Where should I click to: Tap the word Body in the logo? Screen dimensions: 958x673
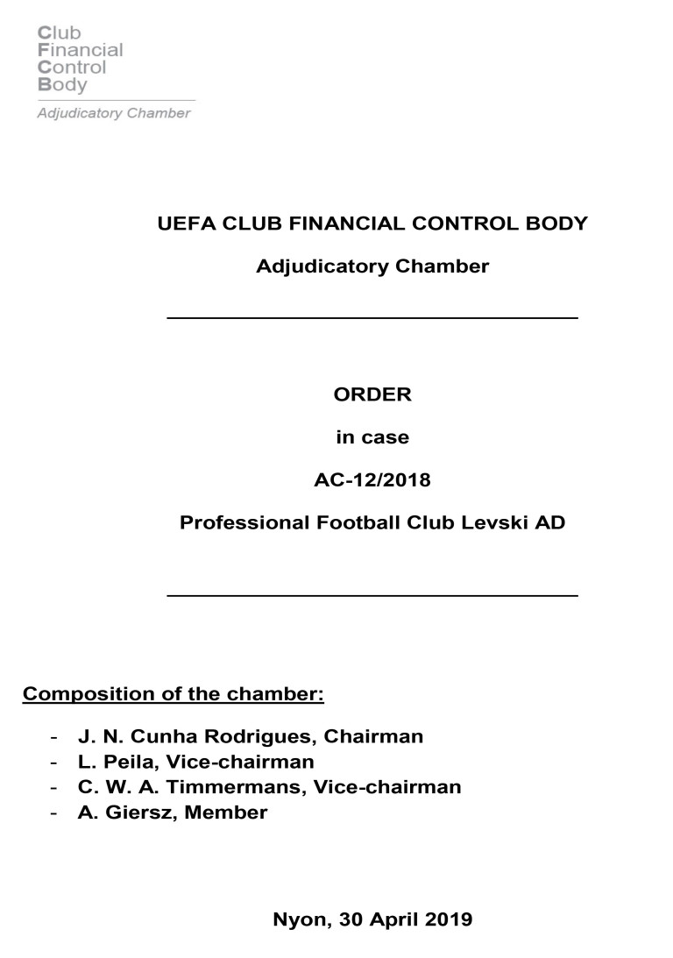tap(62, 85)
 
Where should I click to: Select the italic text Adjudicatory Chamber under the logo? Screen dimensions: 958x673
tap(113, 114)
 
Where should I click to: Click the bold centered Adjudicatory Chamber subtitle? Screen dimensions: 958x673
tap(372, 266)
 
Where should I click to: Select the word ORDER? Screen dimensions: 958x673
tap(372, 394)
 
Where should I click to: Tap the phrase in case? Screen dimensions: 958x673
tap(372, 437)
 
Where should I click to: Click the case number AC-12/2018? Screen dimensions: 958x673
tap(372, 480)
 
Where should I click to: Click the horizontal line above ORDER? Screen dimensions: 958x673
tap(372, 317)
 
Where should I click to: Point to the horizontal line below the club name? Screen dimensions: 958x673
tap(372, 595)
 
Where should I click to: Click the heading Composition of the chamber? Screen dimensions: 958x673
tap(174, 695)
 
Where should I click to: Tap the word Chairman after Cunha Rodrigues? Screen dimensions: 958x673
tap(378, 736)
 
